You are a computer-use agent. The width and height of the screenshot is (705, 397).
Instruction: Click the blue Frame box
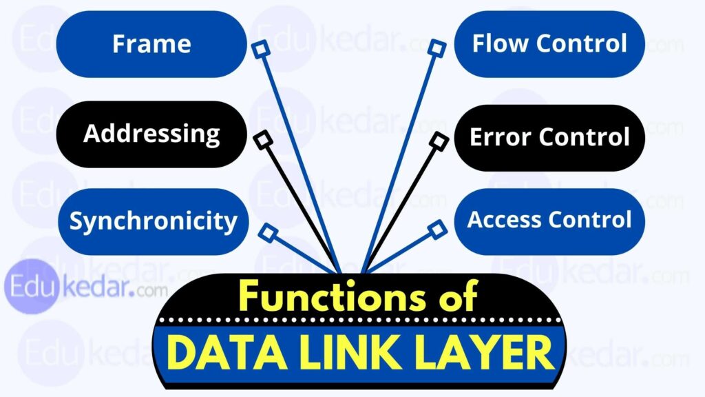[x=151, y=44]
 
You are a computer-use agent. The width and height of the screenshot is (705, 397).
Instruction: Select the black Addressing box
[x=151, y=133]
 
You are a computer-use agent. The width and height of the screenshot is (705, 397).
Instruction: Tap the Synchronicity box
[x=153, y=221]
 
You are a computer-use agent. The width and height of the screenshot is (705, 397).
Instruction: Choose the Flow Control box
[x=549, y=44]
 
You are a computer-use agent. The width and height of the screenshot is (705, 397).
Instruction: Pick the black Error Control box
[x=549, y=137]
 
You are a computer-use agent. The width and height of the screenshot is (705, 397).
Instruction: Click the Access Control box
[x=549, y=221]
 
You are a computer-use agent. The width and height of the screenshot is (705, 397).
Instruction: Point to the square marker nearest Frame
[x=260, y=48]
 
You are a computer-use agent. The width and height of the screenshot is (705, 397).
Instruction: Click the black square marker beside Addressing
[x=262, y=141]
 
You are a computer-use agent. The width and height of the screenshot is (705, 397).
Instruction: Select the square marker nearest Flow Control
[x=435, y=48]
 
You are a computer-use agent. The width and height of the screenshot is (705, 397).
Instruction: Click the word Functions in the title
[x=330, y=298]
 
